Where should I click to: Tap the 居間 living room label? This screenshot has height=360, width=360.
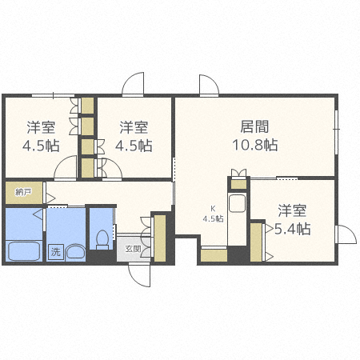[254, 126]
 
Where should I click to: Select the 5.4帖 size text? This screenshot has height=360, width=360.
[293, 229]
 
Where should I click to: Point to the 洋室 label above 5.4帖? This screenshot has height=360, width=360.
[292, 210]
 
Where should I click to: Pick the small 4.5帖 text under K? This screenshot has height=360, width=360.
[213, 218]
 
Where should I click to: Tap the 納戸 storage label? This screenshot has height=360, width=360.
[23, 193]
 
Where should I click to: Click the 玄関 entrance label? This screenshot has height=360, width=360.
[133, 249]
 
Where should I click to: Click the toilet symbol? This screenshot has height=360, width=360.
[102, 238]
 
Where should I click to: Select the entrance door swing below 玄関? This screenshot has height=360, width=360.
[138, 274]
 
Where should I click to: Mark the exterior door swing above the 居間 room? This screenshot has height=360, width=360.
[206, 85]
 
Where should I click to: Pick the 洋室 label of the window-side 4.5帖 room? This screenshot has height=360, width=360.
[40, 126]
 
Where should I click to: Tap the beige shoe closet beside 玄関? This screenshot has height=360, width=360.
[159, 238]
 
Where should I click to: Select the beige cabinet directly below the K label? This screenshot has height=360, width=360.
[213, 256]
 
